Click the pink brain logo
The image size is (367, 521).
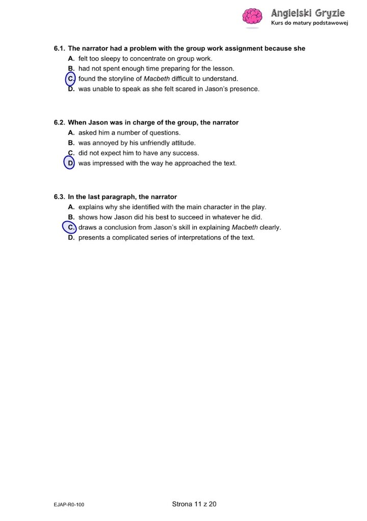(x=252, y=16)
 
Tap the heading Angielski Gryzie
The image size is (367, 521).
(x=308, y=12)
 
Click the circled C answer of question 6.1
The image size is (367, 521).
(x=71, y=79)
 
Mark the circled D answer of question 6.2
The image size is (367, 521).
(x=69, y=163)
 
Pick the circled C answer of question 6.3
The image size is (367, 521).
(x=69, y=227)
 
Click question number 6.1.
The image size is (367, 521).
(x=59, y=48)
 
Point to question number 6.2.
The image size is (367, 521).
(x=59, y=122)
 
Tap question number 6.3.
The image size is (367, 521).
(x=59, y=196)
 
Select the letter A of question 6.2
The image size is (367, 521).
(x=71, y=133)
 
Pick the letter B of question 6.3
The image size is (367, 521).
(x=71, y=217)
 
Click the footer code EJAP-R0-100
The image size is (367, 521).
(x=69, y=505)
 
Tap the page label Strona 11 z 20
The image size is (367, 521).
(x=194, y=504)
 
